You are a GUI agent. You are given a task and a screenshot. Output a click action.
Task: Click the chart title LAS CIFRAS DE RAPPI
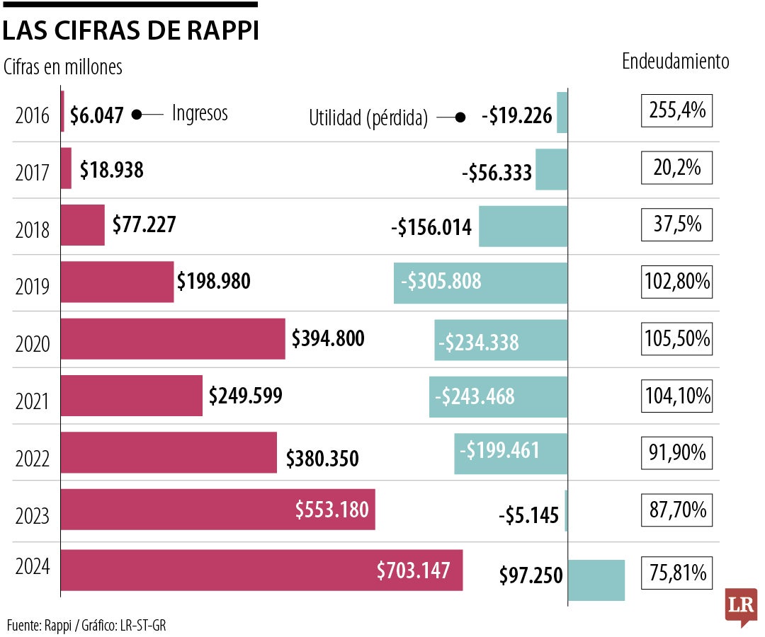pyautogui.click(x=130, y=31)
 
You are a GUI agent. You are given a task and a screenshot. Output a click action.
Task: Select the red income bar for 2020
pyautogui.click(x=173, y=339)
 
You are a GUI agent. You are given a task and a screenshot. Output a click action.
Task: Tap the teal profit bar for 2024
pyautogui.click(x=596, y=580)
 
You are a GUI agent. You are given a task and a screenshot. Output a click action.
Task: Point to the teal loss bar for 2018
pyautogui.click(x=523, y=226)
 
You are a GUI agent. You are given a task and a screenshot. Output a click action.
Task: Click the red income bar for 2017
pyautogui.click(x=67, y=168)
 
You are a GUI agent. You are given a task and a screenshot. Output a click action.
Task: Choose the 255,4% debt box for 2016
pyautogui.click(x=676, y=112)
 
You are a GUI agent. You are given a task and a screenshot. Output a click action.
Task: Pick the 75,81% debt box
pyautogui.click(x=676, y=573)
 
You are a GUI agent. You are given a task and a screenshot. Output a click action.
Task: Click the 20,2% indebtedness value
pyautogui.click(x=676, y=168)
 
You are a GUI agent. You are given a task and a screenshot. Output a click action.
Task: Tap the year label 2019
pyautogui.click(x=33, y=287)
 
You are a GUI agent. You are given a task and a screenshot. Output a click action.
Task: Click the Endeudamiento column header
pyautogui.click(x=675, y=62)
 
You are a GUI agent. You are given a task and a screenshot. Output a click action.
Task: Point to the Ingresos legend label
pyautogui.click(x=200, y=113)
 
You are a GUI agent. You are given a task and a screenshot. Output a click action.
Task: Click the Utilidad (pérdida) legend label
pyautogui.click(x=368, y=118)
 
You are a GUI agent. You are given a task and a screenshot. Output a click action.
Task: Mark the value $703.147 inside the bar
pyautogui.click(x=413, y=570)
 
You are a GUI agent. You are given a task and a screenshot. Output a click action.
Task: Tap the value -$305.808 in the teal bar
pyautogui.click(x=441, y=282)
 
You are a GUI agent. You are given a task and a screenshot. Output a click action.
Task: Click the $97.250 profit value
pyautogui.click(x=531, y=575)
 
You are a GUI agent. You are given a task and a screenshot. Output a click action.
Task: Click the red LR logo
pyautogui.click(x=741, y=606)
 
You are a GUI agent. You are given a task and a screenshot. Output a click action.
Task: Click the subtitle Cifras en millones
pyautogui.click(x=63, y=67)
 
